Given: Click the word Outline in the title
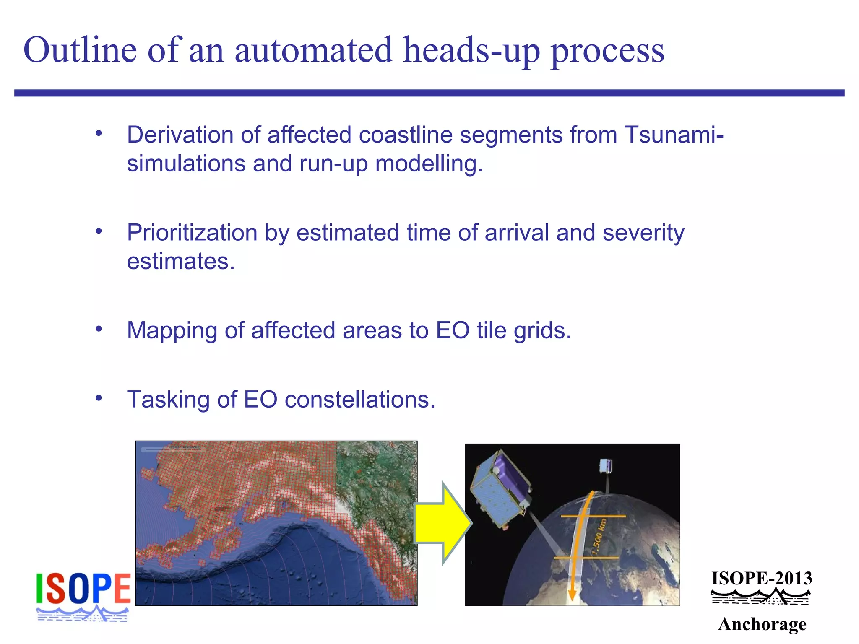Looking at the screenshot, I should coord(80,50).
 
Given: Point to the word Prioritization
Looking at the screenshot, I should coord(192,233).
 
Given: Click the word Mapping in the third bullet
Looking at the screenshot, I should coord(172,331).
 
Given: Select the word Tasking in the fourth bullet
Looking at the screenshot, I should coord(168,400).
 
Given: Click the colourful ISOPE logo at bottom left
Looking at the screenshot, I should coord(83,595).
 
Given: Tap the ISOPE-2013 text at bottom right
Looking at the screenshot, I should coord(762,579).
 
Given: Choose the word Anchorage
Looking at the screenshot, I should coord(762,624).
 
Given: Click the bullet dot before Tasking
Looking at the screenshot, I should coord(99,398).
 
